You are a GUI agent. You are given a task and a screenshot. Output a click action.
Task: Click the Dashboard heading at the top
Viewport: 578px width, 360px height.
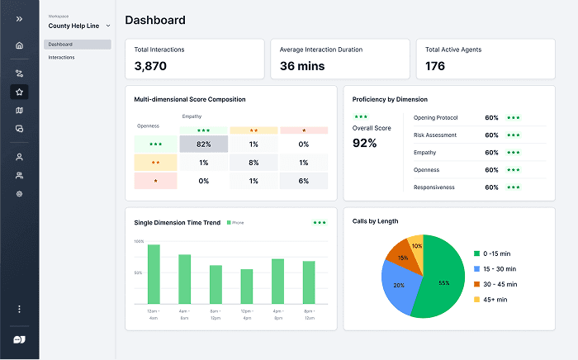(x=155, y=20)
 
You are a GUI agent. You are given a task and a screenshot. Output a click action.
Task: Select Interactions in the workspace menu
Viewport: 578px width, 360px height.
(x=62, y=57)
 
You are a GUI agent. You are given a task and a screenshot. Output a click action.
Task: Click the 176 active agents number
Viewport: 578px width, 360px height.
(x=435, y=65)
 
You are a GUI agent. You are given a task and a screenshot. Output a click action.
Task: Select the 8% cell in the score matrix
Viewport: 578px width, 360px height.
(x=253, y=163)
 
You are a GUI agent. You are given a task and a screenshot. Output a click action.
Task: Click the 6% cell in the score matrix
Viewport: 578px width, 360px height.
(x=304, y=181)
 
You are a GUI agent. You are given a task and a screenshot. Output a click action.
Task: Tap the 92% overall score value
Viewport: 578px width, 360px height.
(x=364, y=143)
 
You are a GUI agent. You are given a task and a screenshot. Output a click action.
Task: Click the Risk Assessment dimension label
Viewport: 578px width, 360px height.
(x=436, y=135)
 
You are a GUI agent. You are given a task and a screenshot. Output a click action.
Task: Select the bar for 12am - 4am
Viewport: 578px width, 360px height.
(x=154, y=273)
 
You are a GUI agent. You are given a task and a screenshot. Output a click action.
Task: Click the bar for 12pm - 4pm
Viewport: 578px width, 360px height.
(x=246, y=286)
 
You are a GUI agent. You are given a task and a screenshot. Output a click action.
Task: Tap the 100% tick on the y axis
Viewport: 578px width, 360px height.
(x=139, y=242)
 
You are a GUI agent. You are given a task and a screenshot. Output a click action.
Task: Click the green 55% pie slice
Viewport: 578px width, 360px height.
(x=442, y=282)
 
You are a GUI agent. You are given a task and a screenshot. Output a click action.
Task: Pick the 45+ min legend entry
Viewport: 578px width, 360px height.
(x=495, y=299)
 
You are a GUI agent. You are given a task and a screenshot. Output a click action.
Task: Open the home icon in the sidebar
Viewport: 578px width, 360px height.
(x=19, y=45)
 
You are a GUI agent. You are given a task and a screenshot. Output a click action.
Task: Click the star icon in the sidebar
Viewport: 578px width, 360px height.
(x=19, y=92)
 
